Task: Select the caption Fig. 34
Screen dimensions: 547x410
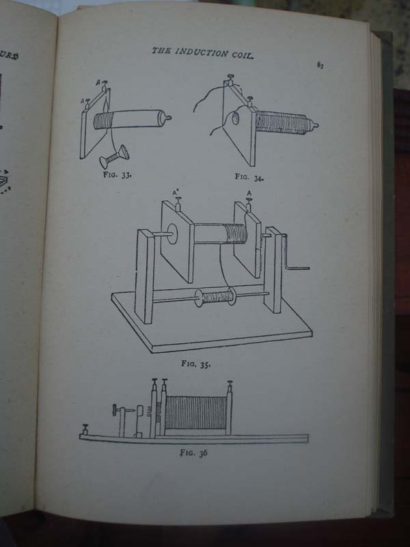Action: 250,177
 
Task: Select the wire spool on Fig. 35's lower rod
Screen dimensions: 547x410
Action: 213,297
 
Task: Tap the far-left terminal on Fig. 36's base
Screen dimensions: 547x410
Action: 85,430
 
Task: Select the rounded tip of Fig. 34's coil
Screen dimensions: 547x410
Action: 315,126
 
